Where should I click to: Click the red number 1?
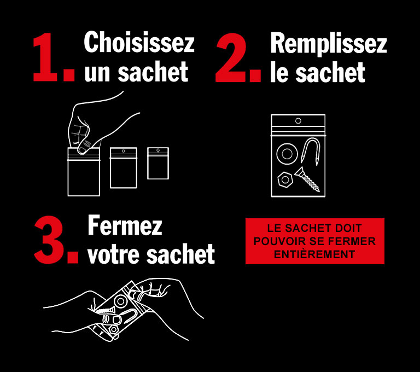[45, 57]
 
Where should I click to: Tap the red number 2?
[231, 57]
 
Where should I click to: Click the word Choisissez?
[139, 42]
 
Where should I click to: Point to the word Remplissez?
[329, 43]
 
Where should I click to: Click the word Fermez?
[125, 225]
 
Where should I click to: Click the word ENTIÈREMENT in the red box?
[314, 254]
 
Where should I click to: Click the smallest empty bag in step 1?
[158, 163]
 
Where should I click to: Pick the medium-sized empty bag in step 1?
[124, 168]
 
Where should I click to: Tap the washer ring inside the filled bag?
[287, 154]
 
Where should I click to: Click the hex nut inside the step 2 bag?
[285, 179]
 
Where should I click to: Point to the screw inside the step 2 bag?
[307, 179]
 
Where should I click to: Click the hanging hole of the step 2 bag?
[298, 121]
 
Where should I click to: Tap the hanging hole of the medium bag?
[124, 151]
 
